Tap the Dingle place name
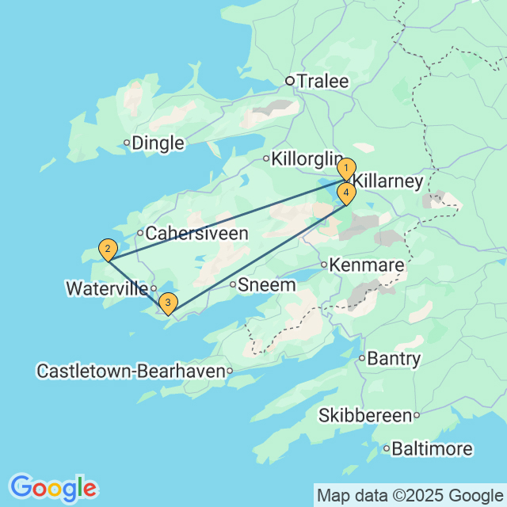158,143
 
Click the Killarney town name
387,181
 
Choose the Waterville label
106,288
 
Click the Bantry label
395,359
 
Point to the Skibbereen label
365,414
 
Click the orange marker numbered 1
345,169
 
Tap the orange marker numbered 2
107,249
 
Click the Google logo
53,487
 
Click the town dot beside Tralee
290,80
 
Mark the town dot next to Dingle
127,143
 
